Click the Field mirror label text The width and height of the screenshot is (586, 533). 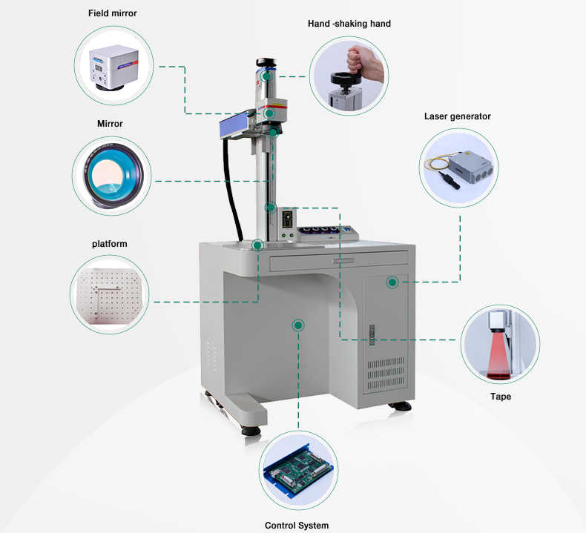click(x=113, y=13)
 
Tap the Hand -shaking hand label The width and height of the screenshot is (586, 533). click(x=349, y=24)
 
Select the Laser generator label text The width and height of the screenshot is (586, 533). click(x=458, y=116)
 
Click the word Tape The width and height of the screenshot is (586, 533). click(x=501, y=397)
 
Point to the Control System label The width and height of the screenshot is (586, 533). click(x=297, y=526)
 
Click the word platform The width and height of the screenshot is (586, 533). click(x=110, y=244)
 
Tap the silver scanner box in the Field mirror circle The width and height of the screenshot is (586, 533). click(x=113, y=67)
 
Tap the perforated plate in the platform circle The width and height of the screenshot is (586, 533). click(x=109, y=295)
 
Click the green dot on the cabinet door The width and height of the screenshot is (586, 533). click(x=392, y=282)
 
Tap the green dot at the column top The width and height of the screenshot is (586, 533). click(x=266, y=76)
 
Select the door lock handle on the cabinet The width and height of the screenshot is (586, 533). click(x=372, y=334)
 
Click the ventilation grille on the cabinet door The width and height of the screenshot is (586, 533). click(x=385, y=373)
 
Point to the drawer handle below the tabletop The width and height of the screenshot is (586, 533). click(x=344, y=261)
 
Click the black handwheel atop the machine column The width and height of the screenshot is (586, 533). click(x=266, y=62)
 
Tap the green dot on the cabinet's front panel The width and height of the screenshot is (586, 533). click(x=298, y=325)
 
